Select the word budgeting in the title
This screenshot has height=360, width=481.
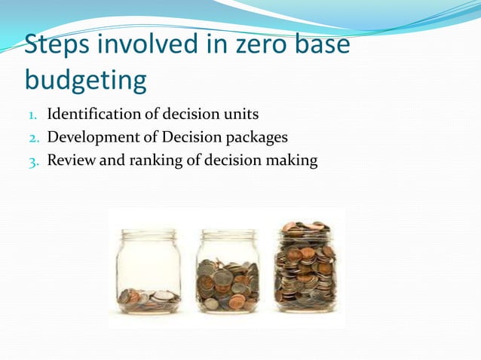click(86, 78)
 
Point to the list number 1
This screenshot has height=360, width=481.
click(33, 116)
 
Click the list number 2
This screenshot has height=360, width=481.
click(33, 138)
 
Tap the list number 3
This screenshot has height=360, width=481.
click(33, 160)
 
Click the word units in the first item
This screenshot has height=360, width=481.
click(242, 114)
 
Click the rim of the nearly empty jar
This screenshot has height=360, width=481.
click(149, 234)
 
